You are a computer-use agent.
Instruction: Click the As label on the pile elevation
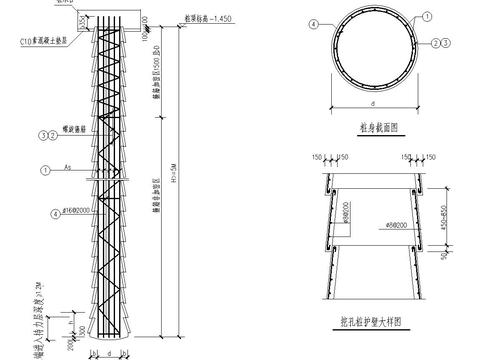(x=65, y=166)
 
